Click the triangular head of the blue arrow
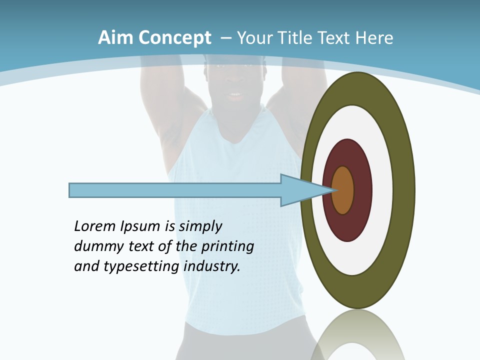[x=300, y=190]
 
